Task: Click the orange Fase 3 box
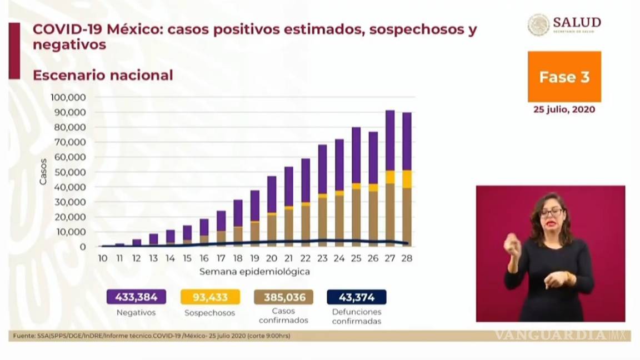point(564,77)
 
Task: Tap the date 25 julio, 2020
point(564,109)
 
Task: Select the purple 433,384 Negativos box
point(136,297)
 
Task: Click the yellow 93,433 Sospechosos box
point(210,297)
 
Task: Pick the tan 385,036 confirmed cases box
point(284,297)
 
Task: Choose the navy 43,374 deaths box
point(357,297)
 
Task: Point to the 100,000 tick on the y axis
point(68,97)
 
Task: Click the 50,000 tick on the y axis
point(69,172)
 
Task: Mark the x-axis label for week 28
point(407,258)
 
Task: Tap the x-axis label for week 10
point(103,258)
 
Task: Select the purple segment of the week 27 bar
point(390,140)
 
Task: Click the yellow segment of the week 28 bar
point(407,179)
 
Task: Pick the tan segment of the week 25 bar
point(356,217)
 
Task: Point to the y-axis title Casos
point(43,172)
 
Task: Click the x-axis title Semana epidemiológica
point(254,272)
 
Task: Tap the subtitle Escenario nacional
point(103,75)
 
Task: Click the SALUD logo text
point(576,22)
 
